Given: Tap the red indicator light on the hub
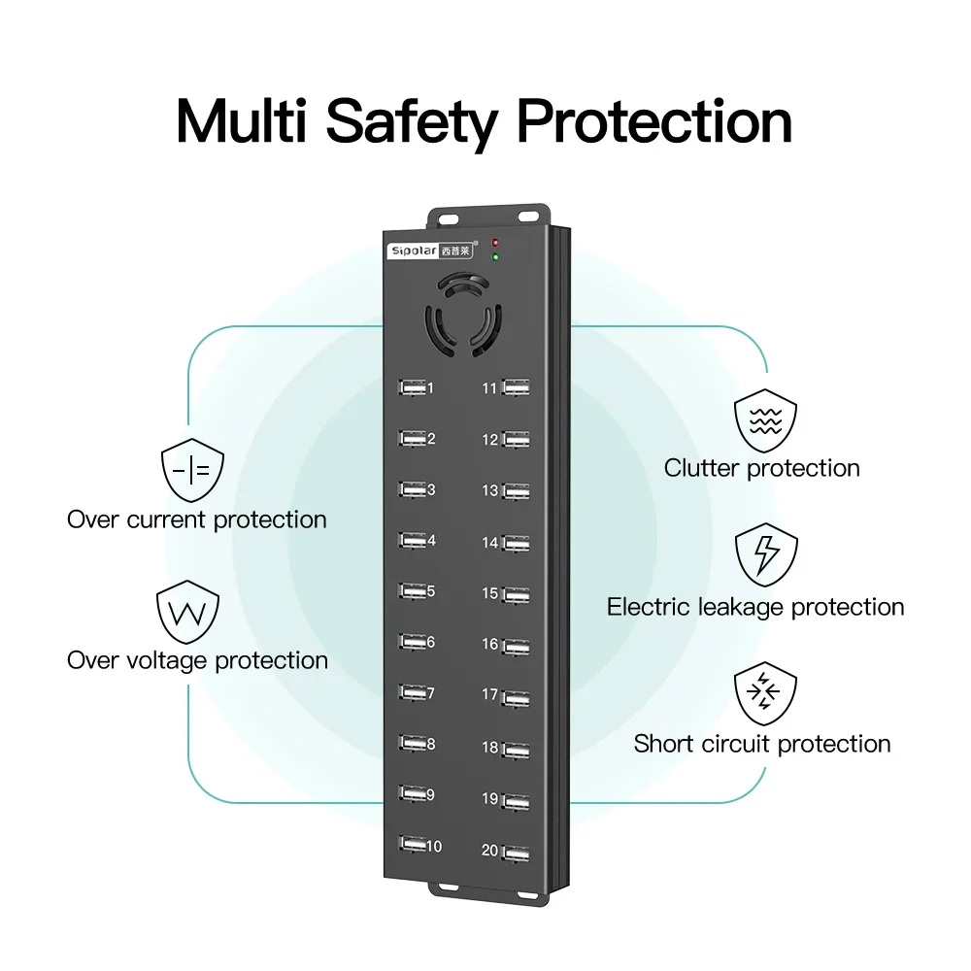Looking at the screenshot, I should point(495,242).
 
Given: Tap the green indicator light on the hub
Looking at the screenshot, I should point(495,257).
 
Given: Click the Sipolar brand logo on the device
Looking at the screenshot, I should point(427,250).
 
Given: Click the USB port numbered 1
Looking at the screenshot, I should point(412,387).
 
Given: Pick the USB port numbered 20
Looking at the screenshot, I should point(517,852).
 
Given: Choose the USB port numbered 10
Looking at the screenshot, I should point(412,846).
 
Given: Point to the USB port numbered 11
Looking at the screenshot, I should point(517,388).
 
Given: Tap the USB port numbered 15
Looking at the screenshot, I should point(517,593).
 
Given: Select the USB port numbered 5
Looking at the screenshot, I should point(412,590).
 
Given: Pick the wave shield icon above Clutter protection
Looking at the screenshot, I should point(766,419).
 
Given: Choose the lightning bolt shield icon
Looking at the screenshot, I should point(766,555).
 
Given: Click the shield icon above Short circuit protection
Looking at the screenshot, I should point(766,693).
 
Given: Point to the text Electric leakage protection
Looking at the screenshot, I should point(755,608).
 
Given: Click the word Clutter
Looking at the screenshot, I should point(702,468).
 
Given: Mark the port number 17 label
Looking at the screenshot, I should point(490,695).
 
